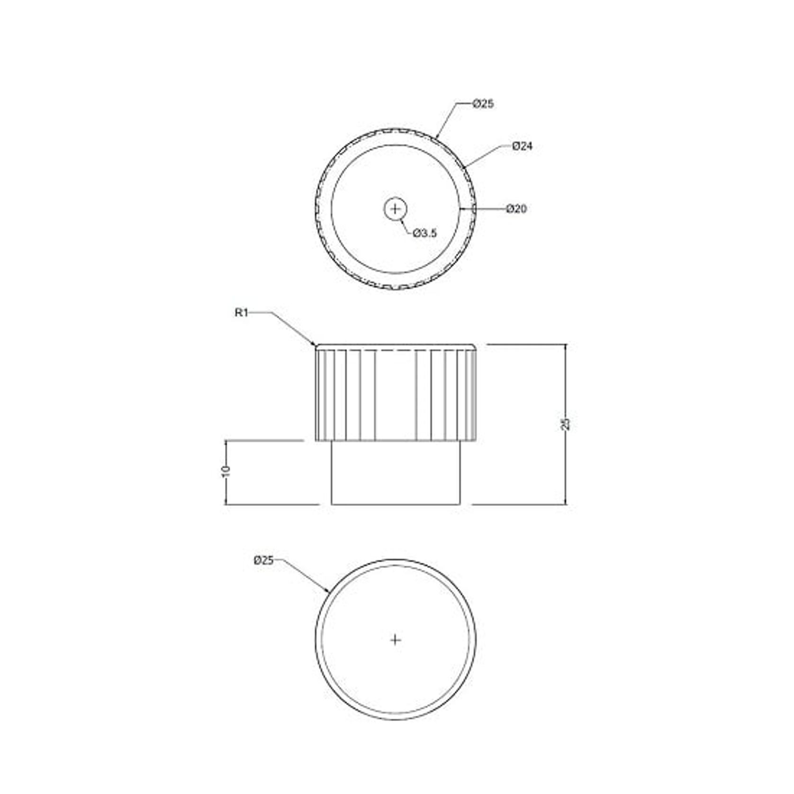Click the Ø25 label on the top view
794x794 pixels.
(483, 103)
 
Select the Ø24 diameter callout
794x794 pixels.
(522, 146)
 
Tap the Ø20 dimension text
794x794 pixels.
(516, 209)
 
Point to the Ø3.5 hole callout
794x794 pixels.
(424, 233)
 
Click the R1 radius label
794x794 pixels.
(241, 313)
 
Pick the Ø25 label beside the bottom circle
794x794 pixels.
(263, 560)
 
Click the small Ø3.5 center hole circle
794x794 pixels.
(395, 209)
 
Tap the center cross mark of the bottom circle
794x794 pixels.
(395, 640)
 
